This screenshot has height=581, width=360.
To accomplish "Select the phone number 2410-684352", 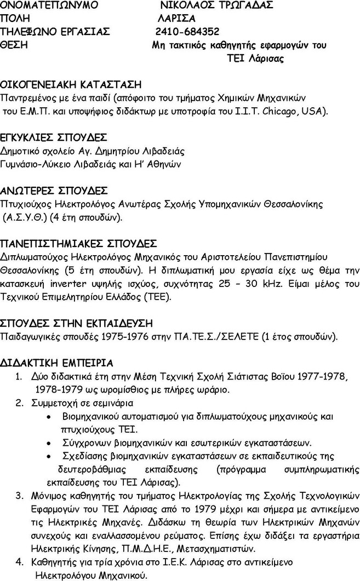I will pyautogui.click(x=187, y=31).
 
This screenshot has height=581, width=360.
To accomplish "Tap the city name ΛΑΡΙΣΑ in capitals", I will pyautogui.click(x=176, y=18).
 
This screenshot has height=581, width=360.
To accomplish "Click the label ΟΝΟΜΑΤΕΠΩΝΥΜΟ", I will pyautogui.click(x=50, y=5).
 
